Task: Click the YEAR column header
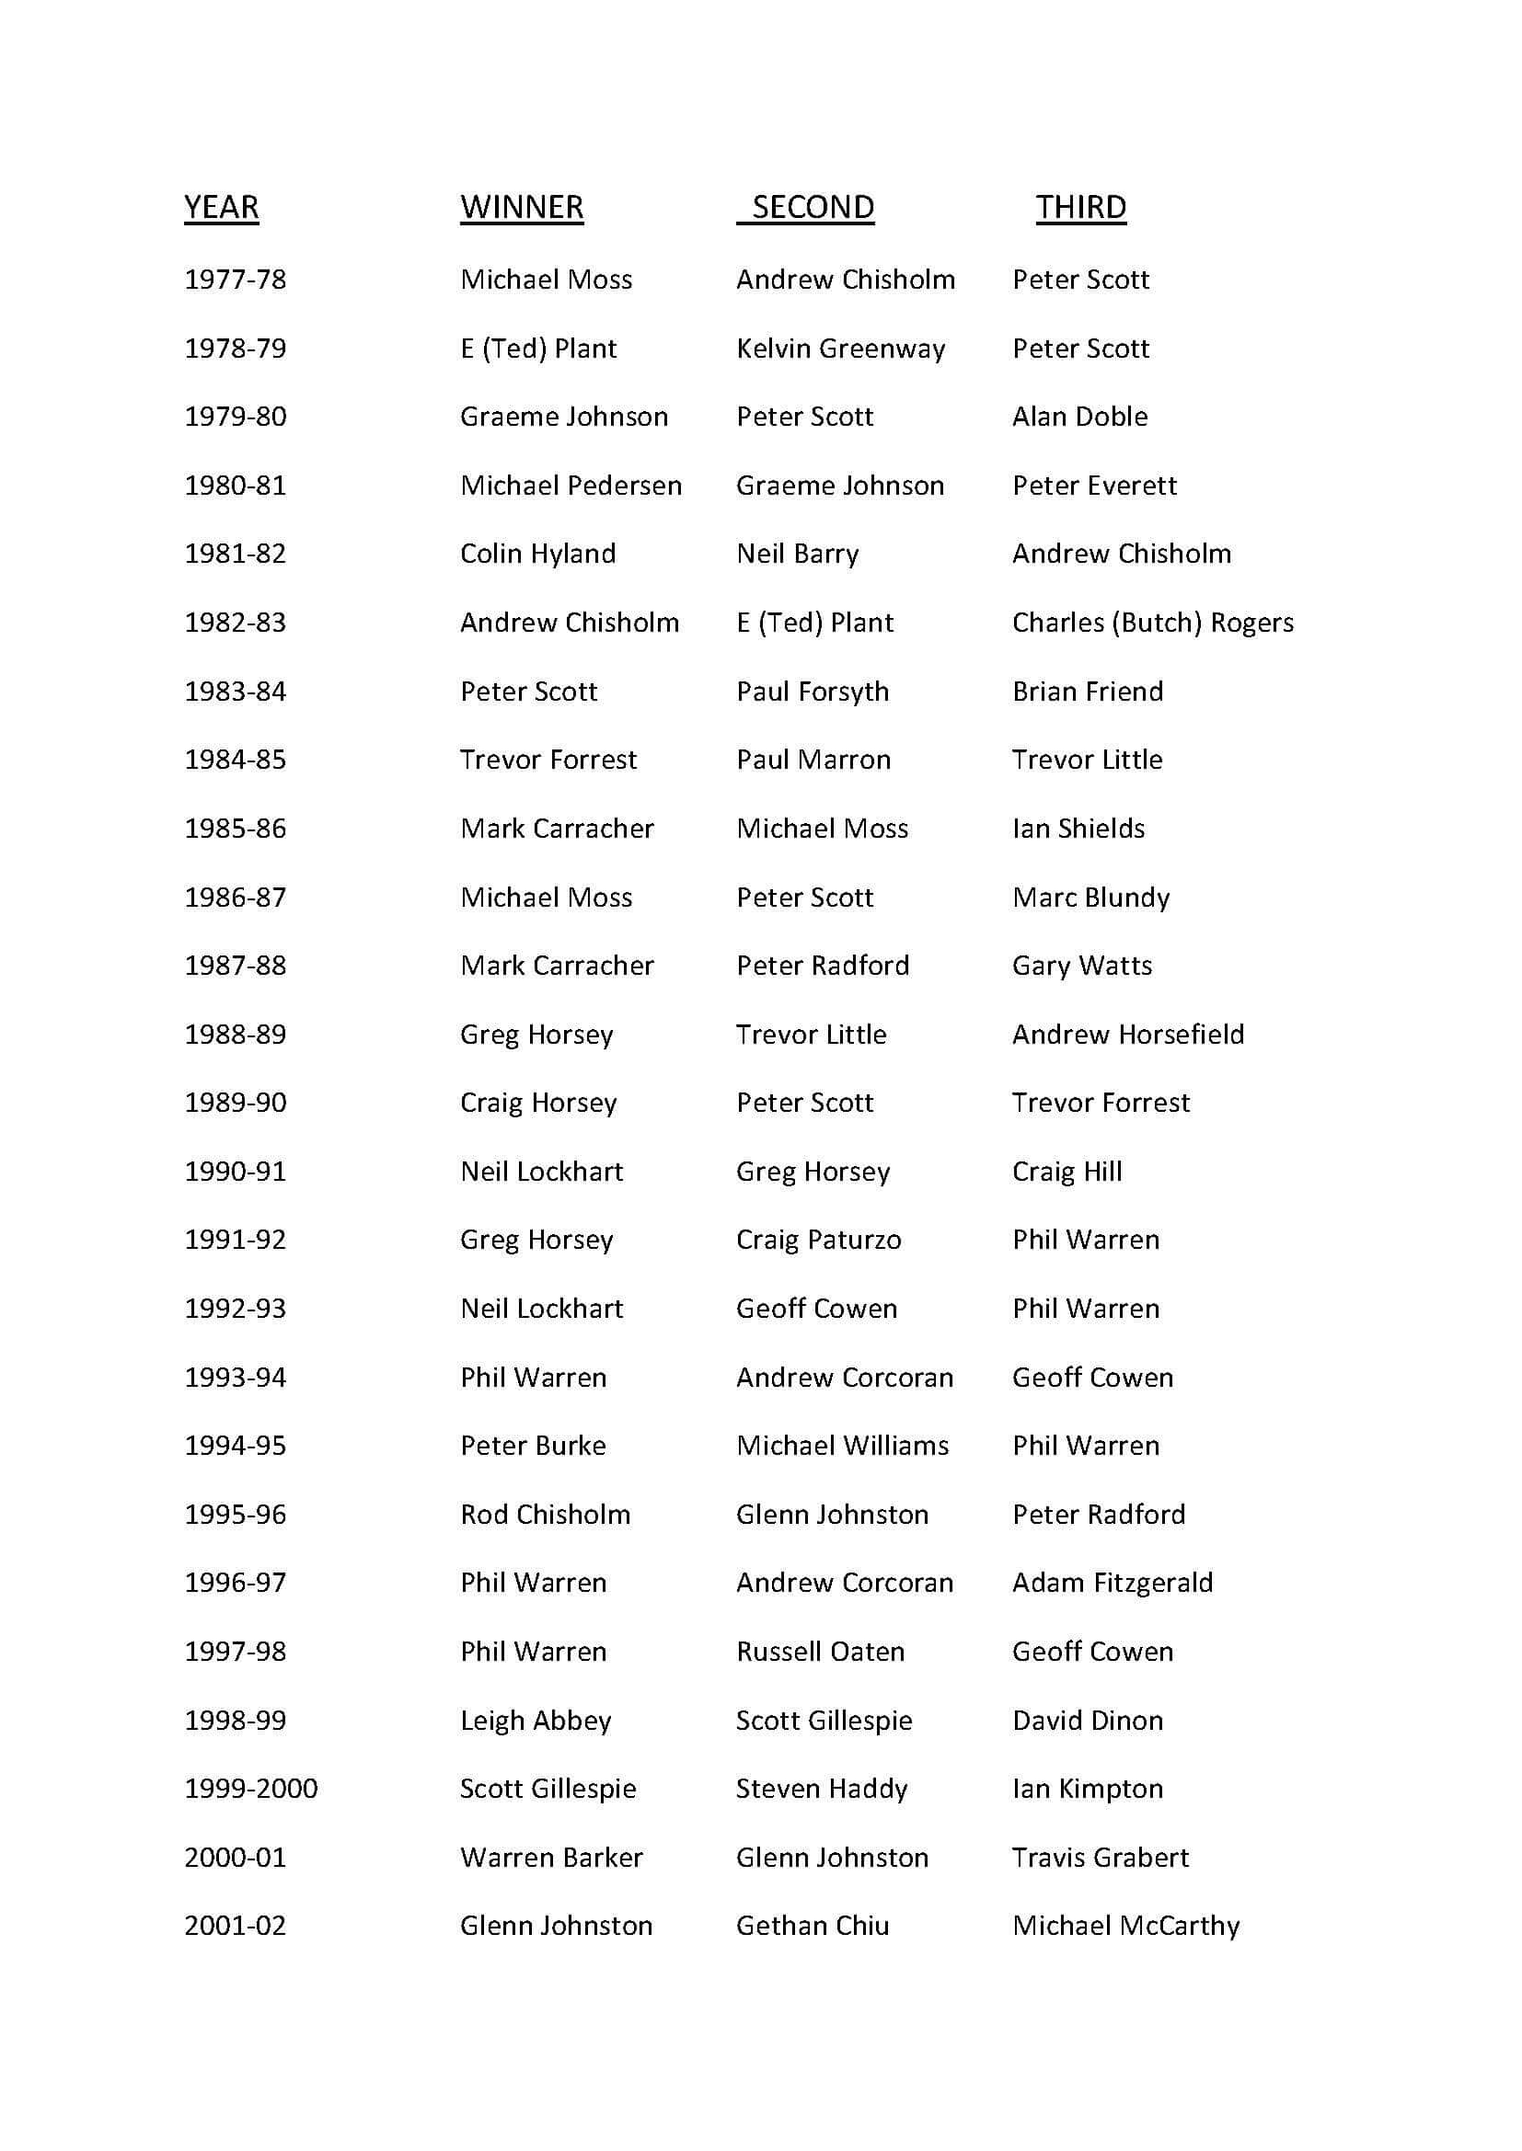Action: point(221,207)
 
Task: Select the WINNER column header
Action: point(521,207)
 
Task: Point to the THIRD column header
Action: point(1080,207)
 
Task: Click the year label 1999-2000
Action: point(251,1789)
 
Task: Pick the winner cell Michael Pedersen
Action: point(571,486)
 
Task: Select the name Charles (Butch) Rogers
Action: point(1153,623)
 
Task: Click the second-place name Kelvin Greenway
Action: point(841,349)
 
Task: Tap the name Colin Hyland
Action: point(538,554)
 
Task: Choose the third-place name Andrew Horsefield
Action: point(1128,1035)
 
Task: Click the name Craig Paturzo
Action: point(818,1241)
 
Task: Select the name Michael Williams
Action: point(843,1446)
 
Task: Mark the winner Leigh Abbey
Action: point(536,1721)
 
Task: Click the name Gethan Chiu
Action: point(813,1927)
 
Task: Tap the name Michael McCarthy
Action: point(1125,1927)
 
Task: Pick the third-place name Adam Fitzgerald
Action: point(1113,1584)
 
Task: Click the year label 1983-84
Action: point(236,692)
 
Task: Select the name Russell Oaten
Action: point(820,1652)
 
